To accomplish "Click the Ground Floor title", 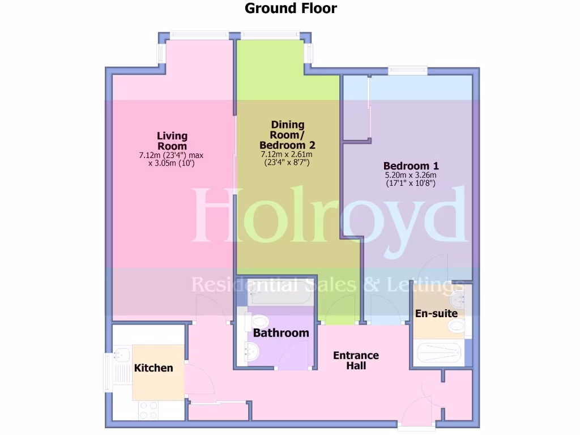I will pyautogui.click(x=290, y=8).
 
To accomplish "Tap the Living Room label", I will pyautogui.click(x=172, y=141).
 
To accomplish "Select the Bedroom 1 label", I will pyautogui.click(x=411, y=166).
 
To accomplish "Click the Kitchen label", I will pyautogui.click(x=153, y=368).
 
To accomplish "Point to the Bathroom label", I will pyautogui.click(x=281, y=333).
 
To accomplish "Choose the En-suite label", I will pyautogui.click(x=436, y=313).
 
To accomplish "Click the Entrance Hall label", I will pyautogui.click(x=356, y=360).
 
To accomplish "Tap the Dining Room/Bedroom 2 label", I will pyautogui.click(x=287, y=135).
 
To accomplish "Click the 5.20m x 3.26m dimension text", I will pyautogui.click(x=411, y=176).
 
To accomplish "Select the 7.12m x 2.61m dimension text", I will pyautogui.click(x=287, y=155).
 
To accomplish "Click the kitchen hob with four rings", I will pyautogui.click(x=148, y=410).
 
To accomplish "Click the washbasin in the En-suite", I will pyautogui.click(x=458, y=297).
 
